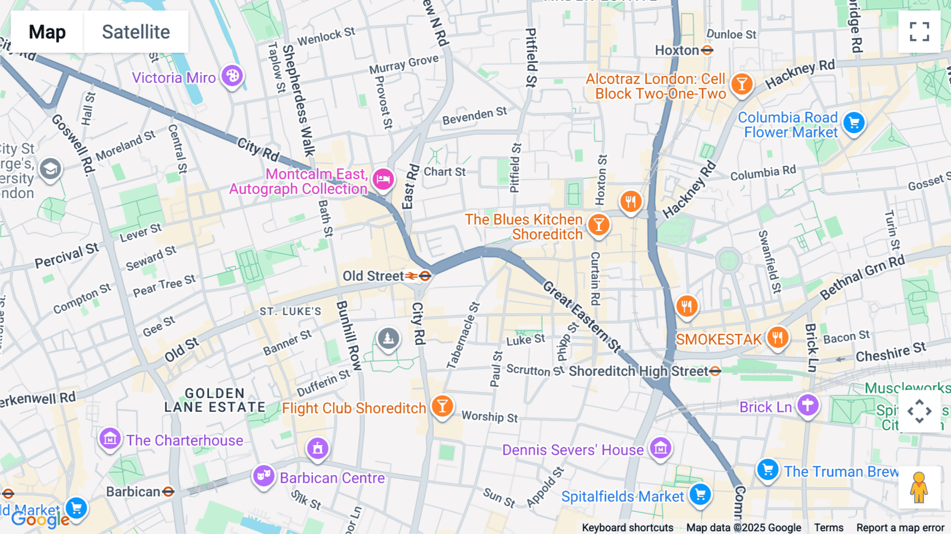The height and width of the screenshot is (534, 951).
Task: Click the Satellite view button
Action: pos(136,32)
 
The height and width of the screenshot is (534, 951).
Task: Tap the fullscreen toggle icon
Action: pos(919,32)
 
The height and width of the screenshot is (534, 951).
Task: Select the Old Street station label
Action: pos(373,276)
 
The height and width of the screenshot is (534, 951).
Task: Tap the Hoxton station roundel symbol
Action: pos(707,50)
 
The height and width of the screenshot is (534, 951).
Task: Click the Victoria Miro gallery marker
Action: pos(232,76)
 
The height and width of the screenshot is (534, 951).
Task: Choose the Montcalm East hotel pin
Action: pos(383,179)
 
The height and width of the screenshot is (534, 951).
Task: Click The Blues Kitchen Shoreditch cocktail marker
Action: pos(599,225)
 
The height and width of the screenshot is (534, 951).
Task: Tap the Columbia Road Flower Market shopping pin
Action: pos(854,123)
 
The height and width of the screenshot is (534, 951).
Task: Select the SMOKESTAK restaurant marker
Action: pos(777,337)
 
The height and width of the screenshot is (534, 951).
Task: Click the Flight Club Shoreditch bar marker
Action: pos(442,406)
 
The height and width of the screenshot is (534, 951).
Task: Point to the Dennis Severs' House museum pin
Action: pos(660,448)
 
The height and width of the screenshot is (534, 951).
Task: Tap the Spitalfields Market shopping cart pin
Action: pos(700,495)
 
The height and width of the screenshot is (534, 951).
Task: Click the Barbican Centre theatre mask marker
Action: pos(263,475)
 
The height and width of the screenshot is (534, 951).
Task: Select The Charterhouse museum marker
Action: pos(110,438)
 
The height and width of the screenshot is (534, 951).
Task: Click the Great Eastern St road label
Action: pos(582,317)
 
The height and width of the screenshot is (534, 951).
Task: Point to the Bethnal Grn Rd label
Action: pos(862,277)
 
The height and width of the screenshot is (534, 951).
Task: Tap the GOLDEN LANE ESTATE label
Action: pos(215,400)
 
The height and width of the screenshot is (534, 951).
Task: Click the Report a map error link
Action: pos(900,528)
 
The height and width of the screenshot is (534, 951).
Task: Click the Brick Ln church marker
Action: pos(808,405)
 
